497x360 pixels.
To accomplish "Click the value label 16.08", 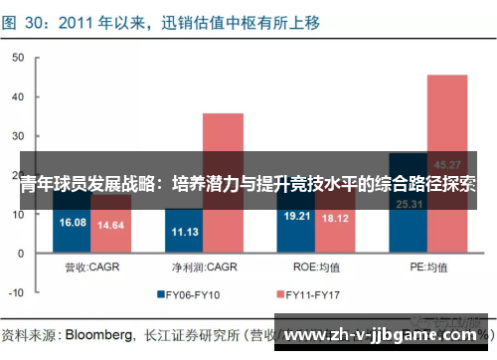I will tap(74, 223).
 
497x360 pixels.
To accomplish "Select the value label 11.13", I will tap(186, 232).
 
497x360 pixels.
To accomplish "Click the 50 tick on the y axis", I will tap(17, 58).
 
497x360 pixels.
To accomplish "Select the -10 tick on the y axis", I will tap(17, 292).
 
